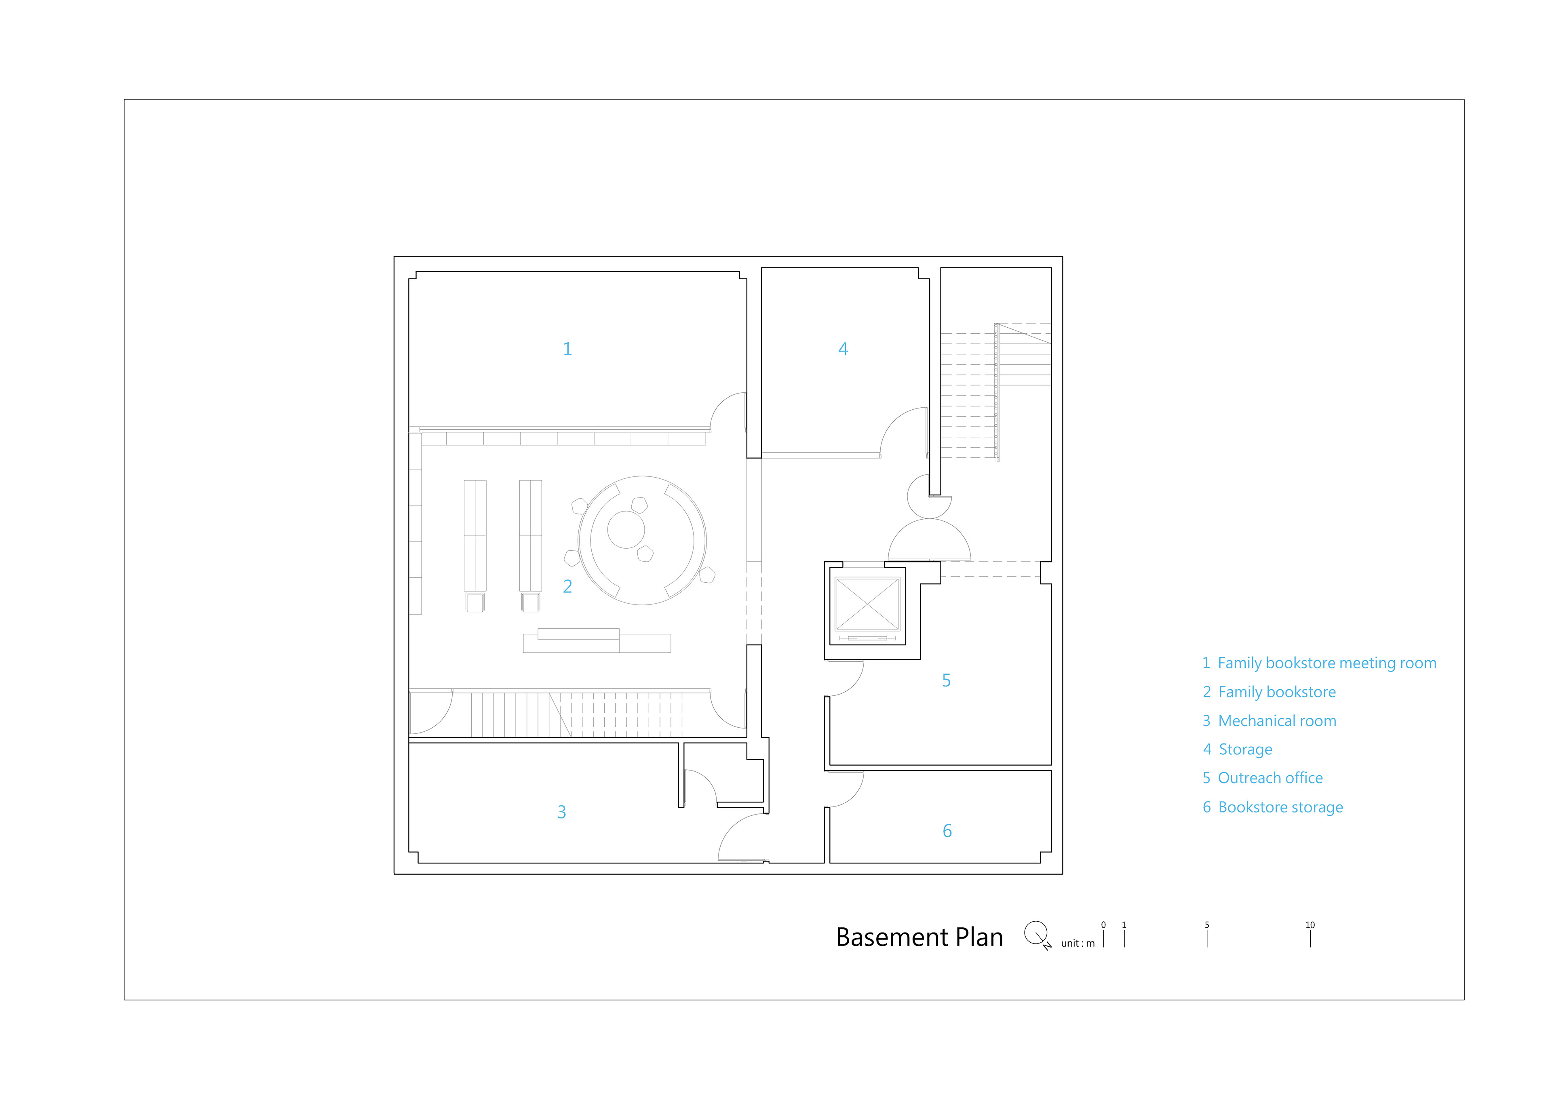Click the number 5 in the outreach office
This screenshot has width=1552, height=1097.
click(x=946, y=681)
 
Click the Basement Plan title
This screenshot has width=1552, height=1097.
click(x=919, y=937)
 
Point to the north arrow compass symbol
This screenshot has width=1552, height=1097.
click(x=1036, y=933)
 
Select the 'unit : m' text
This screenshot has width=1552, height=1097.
click(x=1078, y=943)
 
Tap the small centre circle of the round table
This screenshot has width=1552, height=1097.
click(x=626, y=529)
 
